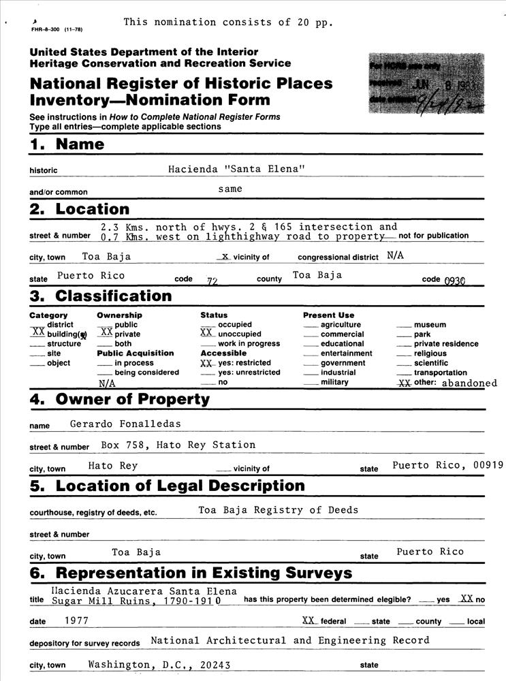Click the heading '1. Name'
[x=67, y=144]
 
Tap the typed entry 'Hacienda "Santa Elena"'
[x=234, y=169]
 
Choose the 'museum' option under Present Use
[x=430, y=325]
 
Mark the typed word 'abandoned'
[x=469, y=383]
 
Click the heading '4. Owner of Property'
[x=120, y=400]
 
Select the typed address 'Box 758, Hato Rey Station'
[x=178, y=445]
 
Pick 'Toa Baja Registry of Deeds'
[x=278, y=509]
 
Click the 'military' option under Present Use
[x=334, y=382]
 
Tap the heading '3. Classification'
[x=101, y=296]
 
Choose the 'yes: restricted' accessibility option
[x=244, y=363]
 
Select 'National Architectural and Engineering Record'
[x=289, y=640]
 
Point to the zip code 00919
[x=489, y=465]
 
